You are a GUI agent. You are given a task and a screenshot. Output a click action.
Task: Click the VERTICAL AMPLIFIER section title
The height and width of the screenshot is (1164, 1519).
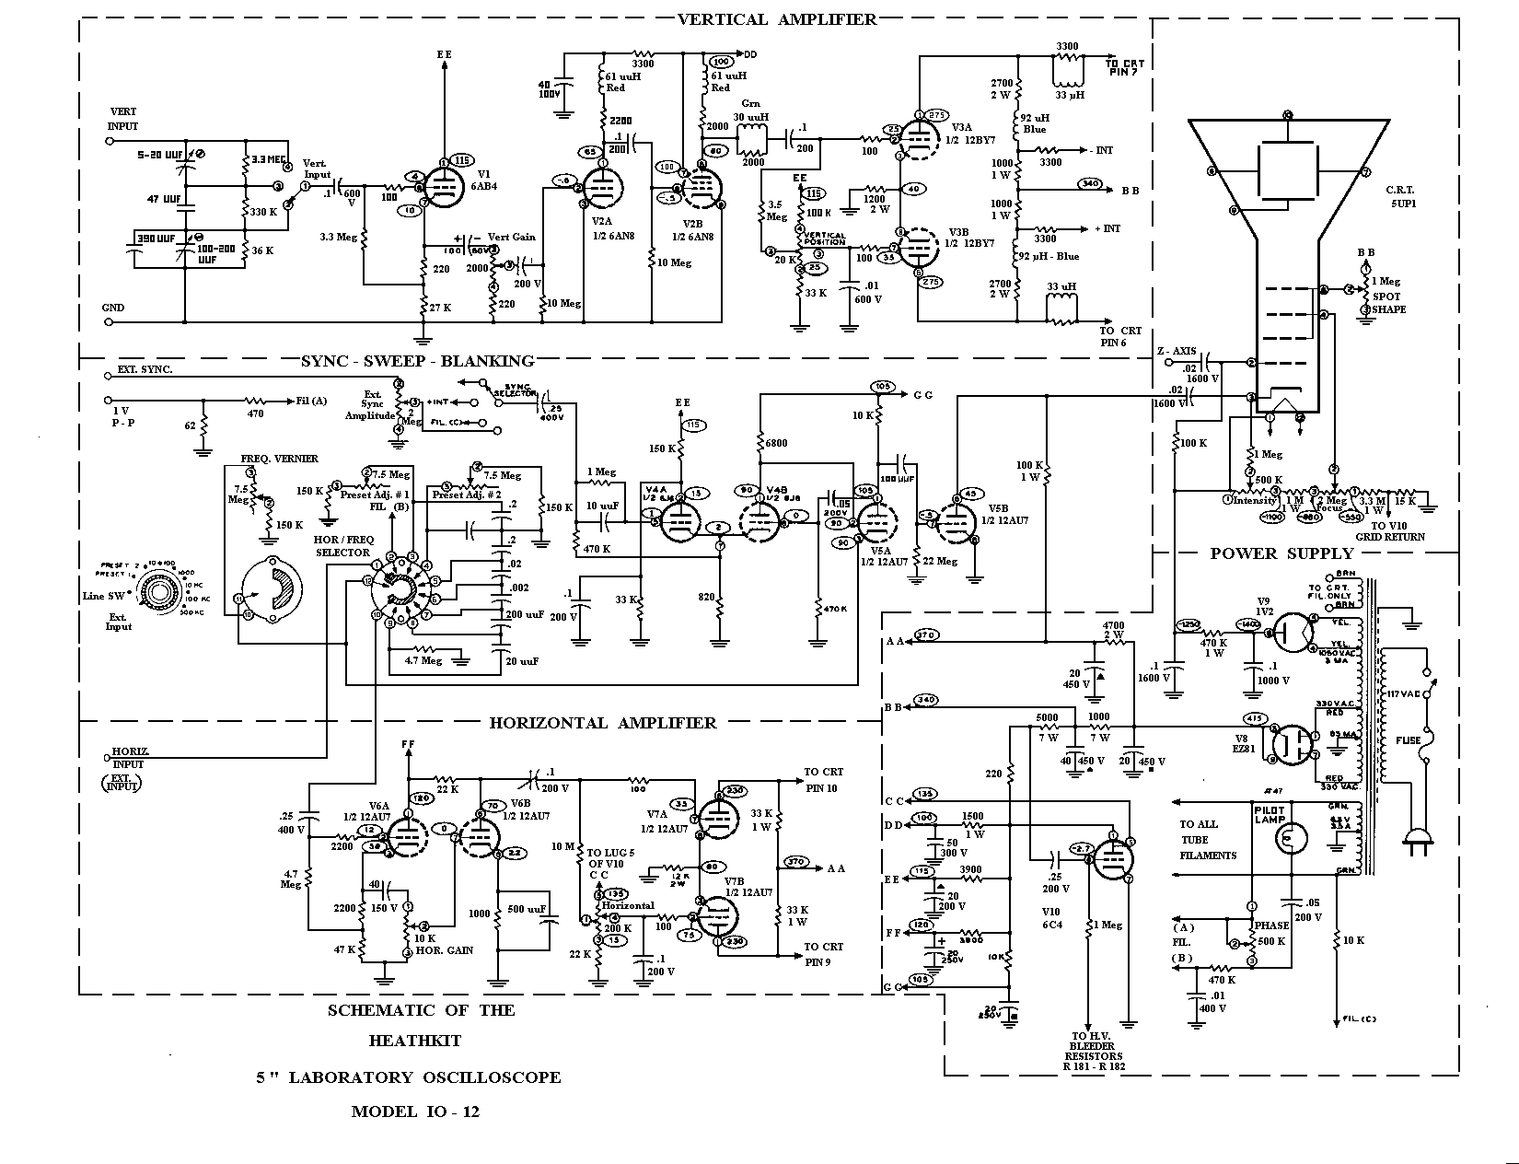click(777, 19)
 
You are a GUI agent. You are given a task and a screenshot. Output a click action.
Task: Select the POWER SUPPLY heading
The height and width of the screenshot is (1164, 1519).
click(1281, 553)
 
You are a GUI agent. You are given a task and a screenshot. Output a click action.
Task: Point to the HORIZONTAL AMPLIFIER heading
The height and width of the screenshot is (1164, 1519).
click(602, 723)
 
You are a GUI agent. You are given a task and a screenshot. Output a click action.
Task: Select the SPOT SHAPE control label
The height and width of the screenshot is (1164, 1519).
click(1388, 303)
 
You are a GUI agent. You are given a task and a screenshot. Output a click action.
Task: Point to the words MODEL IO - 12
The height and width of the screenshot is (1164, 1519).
click(415, 1112)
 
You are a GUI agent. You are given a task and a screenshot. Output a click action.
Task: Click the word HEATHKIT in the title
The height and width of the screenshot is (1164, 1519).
click(415, 1041)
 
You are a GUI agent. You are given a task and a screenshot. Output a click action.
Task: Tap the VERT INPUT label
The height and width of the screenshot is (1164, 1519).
click(123, 119)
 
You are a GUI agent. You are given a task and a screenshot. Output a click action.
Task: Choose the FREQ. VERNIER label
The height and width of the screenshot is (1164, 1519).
click(279, 459)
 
